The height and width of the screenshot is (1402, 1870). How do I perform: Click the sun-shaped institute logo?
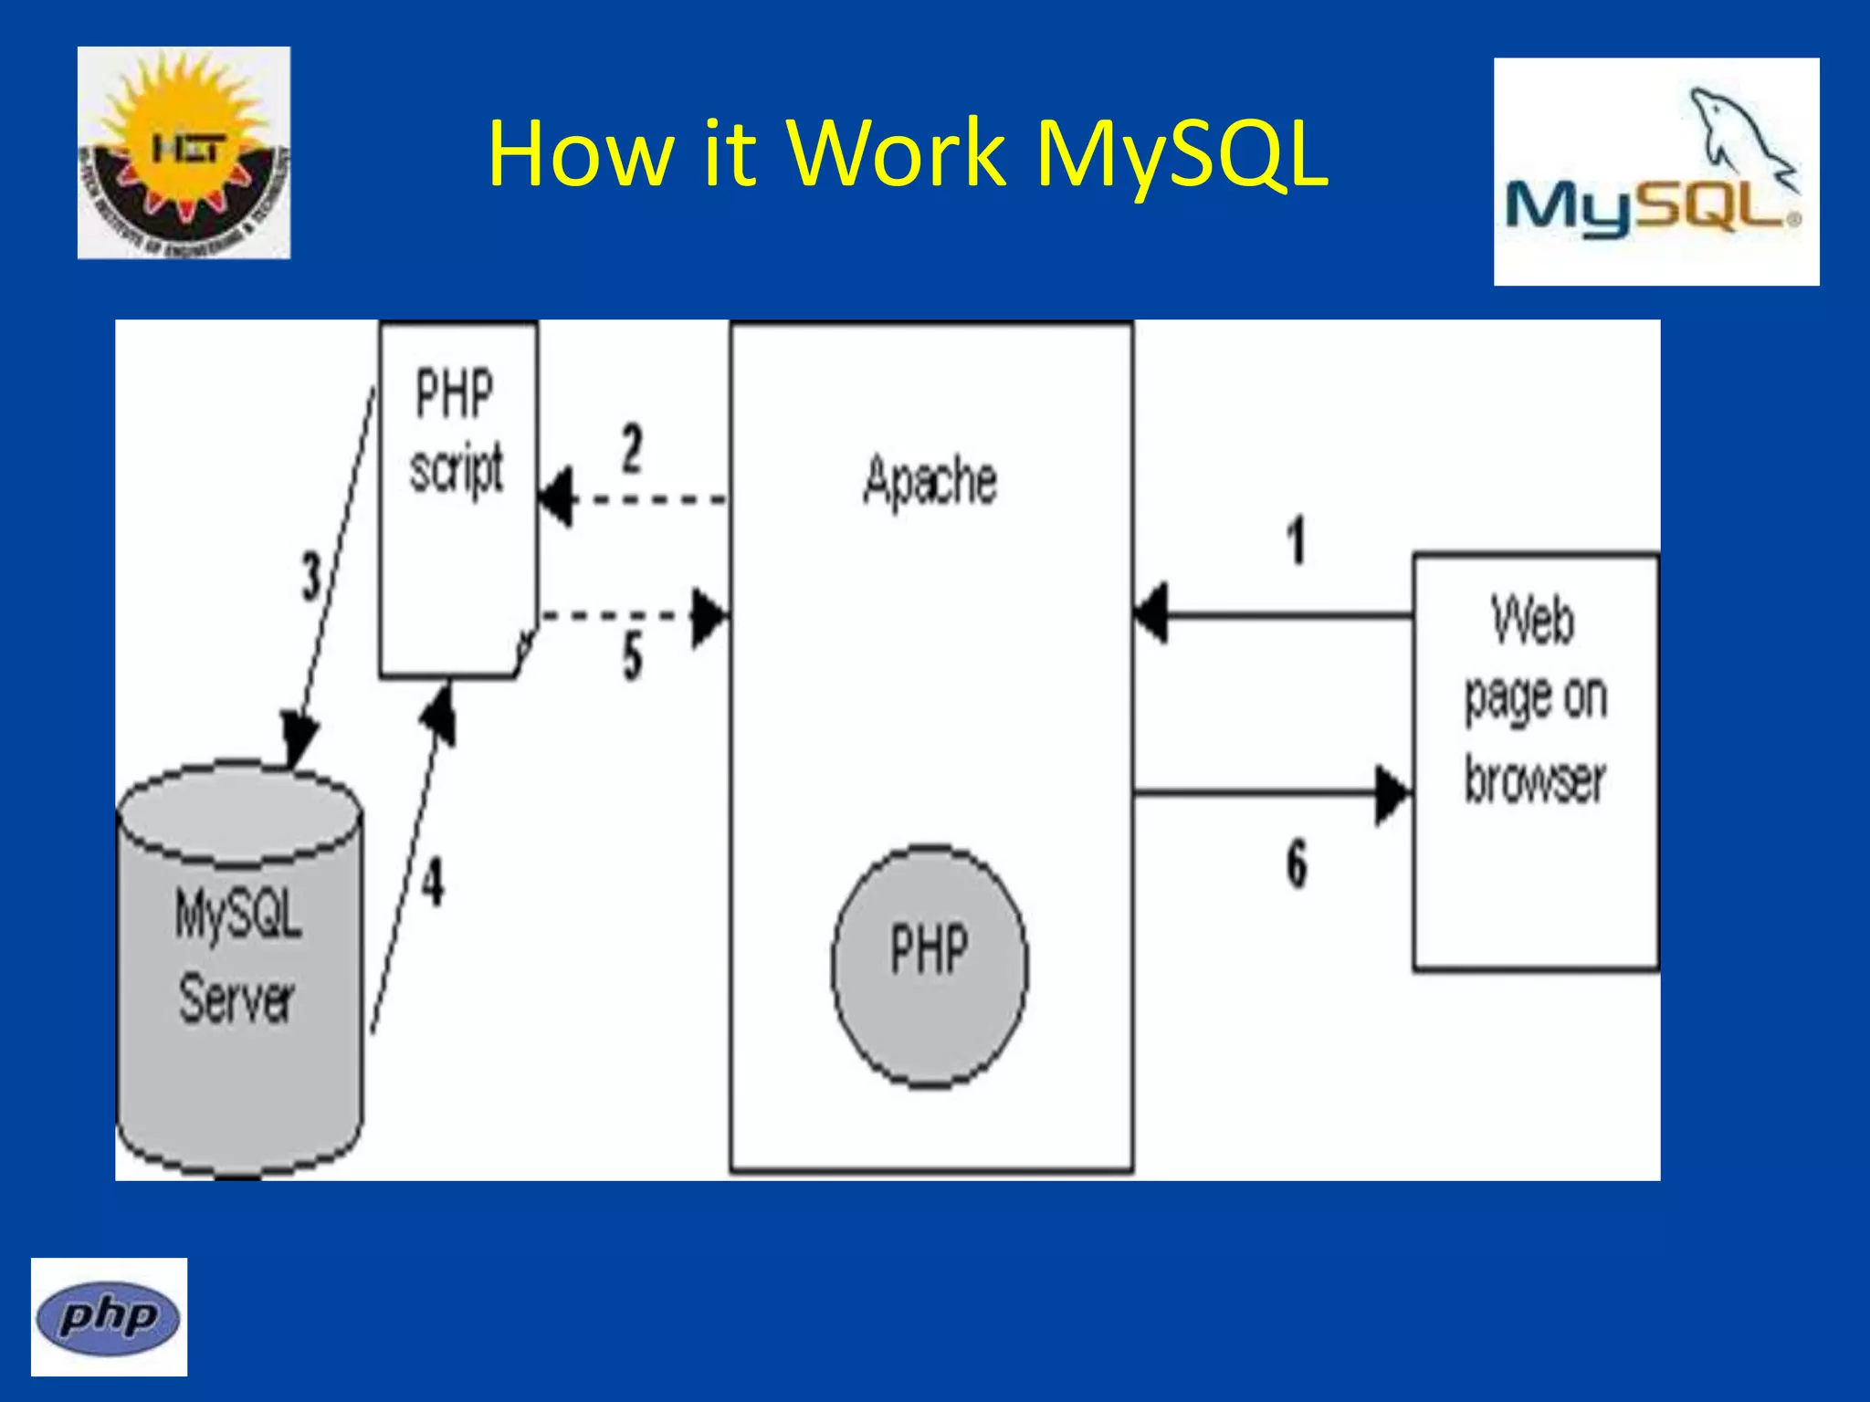click(x=184, y=152)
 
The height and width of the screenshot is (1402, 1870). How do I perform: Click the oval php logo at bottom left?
click(x=109, y=1317)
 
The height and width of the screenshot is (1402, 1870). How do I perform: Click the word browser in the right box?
click(x=1535, y=780)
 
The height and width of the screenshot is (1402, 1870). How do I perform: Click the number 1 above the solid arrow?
click(x=1297, y=540)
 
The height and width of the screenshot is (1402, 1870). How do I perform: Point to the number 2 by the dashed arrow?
click(x=632, y=448)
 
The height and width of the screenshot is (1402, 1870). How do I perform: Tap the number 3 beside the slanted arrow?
click(x=311, y=577)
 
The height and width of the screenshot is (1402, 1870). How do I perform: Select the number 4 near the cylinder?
click(x=433, y=882)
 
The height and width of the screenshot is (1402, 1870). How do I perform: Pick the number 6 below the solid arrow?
click(x=1297, y=863)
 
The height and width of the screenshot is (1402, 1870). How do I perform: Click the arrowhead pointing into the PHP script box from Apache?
click(x=557, y=497)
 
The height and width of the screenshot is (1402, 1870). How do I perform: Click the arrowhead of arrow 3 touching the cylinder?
click(x=299, y=739)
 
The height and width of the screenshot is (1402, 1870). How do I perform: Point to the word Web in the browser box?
click(x=1533, y=621)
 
